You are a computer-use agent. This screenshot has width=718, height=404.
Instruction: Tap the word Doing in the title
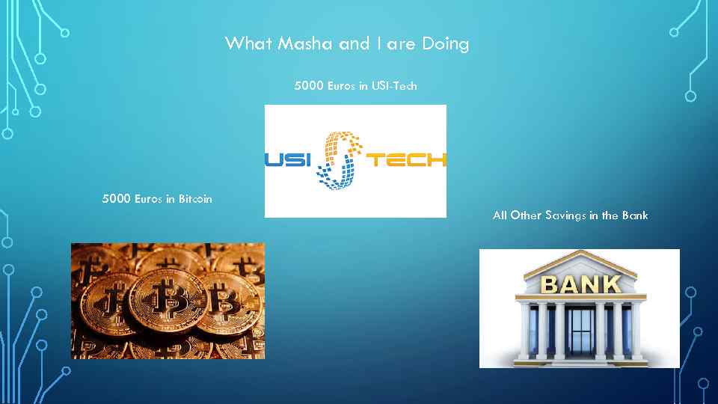pos(445,44)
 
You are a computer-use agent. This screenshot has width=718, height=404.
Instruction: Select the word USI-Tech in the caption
pos(393,86)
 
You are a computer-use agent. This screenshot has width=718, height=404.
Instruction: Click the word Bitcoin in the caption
pos(195,199)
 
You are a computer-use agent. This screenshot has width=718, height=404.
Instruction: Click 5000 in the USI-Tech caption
pos(310,86)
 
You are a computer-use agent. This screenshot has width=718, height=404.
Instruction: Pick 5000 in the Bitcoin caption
pos(117,199)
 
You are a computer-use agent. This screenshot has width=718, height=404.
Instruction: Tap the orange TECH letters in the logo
pos(405,159)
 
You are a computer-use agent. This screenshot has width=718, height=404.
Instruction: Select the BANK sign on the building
pos(580,284)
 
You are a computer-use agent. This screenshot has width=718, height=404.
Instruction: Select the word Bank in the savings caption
pos(636,215)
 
